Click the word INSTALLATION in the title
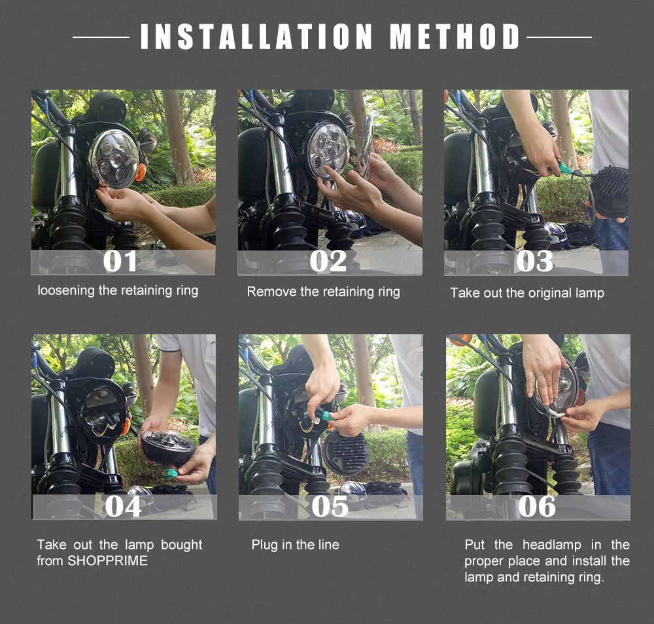pos(256,36)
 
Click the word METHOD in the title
pos(455,36)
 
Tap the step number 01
pos(120,261)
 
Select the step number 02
pos(328,261)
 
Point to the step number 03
pos(534,261)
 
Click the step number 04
pos(123,506)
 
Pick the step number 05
pos(330,506)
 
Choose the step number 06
pos(537,506)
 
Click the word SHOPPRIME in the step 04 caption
pos(108,561)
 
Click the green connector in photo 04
pos(170,473)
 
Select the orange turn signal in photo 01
pos(141,172)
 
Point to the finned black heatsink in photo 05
pos(346,453)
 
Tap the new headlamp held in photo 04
pos(168,447)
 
